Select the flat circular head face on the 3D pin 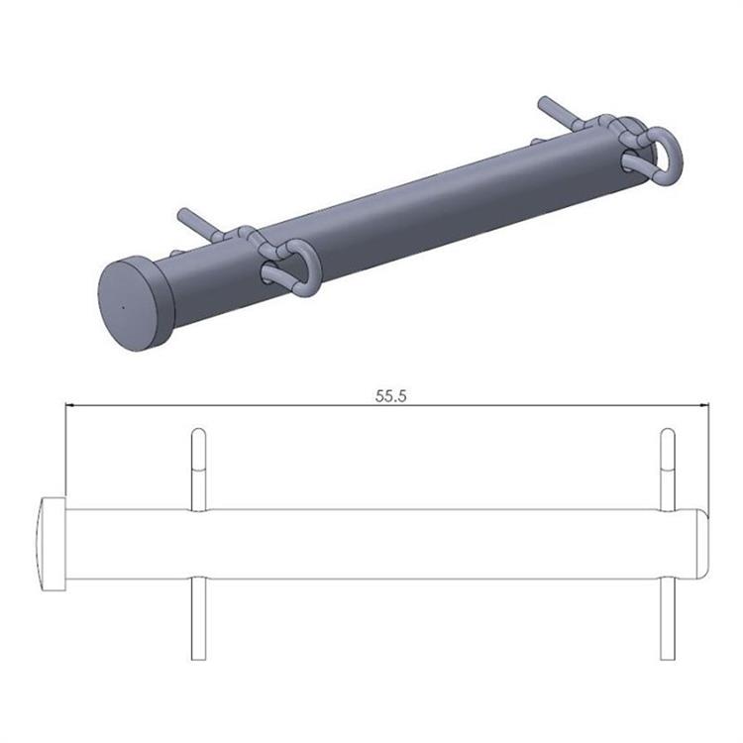[128, 303]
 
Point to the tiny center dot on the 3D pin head [122, 306]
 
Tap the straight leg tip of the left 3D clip [182, 213]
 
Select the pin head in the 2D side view [52, 544]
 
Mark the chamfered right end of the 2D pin [701, 544]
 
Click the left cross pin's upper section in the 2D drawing [198, 471]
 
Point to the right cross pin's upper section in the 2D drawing [668, 471]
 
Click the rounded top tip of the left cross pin [198, 432]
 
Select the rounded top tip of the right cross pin [668, 432]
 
